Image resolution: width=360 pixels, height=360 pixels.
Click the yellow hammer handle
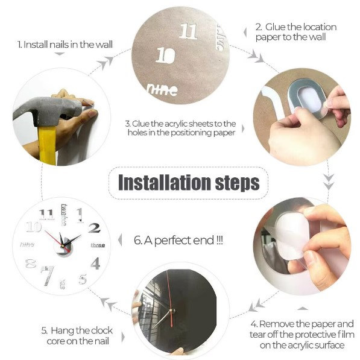pyautogui.click(x=48, y=145)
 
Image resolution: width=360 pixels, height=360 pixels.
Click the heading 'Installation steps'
pyautogui.click(x=189, y=183)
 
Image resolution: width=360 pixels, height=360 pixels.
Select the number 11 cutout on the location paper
pyautogui.click(x=188, y=31)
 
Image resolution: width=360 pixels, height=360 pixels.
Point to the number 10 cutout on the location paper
pyautogui.click(x=165, y=55)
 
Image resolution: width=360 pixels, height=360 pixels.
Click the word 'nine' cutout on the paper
pyautogui.click(x=162, y=90)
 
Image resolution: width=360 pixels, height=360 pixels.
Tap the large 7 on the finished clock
pyautogui.click(x=48, y=276)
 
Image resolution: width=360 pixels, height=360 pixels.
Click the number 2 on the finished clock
pyautogui.click(x=95, y=228)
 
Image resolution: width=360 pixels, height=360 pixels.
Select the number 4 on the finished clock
pyautogui.click(x=95, y=264)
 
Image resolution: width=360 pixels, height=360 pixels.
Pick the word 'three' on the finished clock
pyautogui.click(x=98, y=245)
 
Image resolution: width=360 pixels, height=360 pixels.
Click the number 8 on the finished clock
pyautogui.click(x=31, y=264)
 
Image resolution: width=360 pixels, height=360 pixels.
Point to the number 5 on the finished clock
pyautogui.click(x=83, y=279)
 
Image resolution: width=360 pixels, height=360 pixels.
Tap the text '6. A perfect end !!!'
pyautogui.click(x=178, y=241)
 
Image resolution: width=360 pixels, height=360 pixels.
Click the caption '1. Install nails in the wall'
pyautogui.click(x=65, y=44)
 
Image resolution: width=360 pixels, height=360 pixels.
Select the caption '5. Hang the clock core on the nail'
pyautogui.click(x=77, y=336)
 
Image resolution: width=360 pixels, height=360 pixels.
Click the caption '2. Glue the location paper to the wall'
pyautogui.click(x=296, y=32)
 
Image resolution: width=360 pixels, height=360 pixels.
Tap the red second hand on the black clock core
pyautogui.click(x=169, y=298)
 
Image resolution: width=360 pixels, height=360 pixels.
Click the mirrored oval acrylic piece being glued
pyautogui.click(x=307, y=98)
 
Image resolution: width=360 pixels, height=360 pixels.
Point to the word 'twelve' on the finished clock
pyautogui.click(x=64, y=215)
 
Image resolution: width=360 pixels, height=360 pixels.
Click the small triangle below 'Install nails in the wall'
pyautogui.click(x=60, y=54)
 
